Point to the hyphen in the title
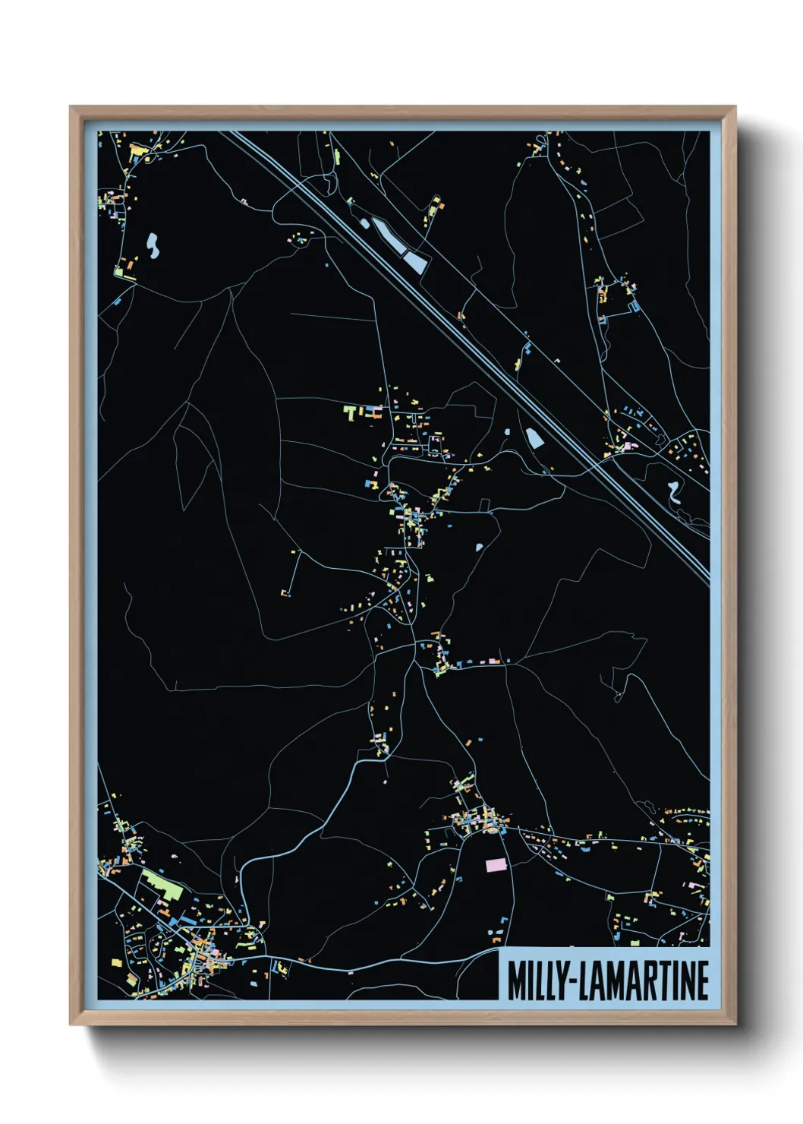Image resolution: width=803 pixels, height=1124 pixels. click(x=572, y=982)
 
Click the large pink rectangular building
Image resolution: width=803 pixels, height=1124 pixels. click(x=496, y=864)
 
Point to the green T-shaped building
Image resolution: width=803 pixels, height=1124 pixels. click(x=350, y=412)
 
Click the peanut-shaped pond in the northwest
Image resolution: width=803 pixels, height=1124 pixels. click(x=153, y=245)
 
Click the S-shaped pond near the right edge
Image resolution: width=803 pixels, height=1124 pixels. click(x=673, y=493)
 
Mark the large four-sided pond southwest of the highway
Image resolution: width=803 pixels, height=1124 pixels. click(x=534, y=437)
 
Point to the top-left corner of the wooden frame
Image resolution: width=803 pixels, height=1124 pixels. click(x=71, y=108)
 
